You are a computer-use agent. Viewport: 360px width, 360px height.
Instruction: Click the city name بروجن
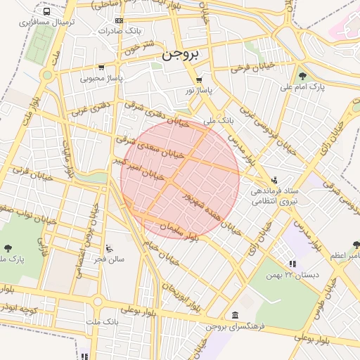tap(180, 53)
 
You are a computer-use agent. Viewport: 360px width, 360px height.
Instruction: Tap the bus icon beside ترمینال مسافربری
tap(46, 12)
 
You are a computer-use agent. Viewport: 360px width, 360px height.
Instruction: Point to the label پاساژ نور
tap(198, 90)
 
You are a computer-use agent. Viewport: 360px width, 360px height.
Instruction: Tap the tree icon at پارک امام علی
tap(302, 76)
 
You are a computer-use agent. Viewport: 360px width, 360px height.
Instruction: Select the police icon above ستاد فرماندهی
tap(274, 180)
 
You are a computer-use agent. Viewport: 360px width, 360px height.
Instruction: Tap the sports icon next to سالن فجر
tap(109, 247)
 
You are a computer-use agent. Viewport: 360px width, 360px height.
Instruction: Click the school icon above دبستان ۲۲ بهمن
tap(292, 264)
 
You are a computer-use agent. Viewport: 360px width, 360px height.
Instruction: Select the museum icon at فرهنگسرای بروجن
tap(234, 315)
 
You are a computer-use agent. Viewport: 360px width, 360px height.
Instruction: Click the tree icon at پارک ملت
tap(8, 247)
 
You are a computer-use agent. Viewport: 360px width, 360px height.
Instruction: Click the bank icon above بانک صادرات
tap(117, 21)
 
